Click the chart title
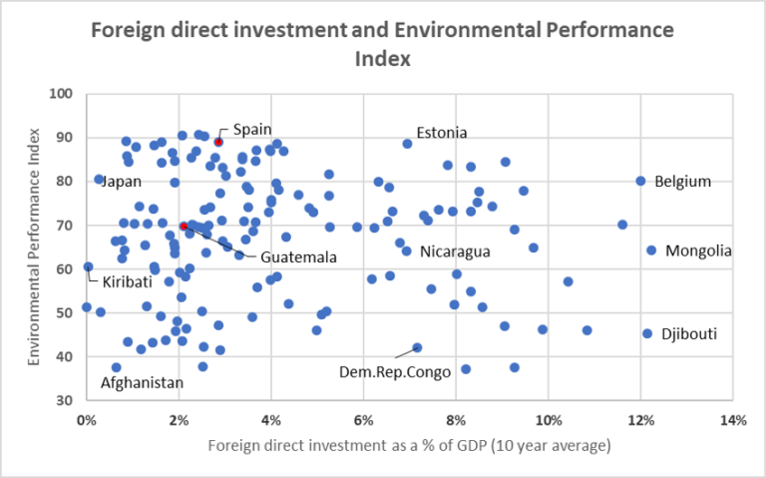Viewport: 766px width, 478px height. [383, 44]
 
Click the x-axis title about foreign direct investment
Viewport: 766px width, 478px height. [408, 445]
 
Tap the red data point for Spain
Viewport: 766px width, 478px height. [217, 143]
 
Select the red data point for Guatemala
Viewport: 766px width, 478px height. [185, 227]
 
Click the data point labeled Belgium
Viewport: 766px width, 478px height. [640, 181]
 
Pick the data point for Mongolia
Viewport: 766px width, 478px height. [651, 250]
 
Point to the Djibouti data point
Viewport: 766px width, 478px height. [647, 333]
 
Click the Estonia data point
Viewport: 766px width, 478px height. [407, 144]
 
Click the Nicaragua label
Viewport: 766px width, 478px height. [454, 251]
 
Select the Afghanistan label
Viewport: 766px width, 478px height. [142, 383]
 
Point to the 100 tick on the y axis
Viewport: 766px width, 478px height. [65, 94]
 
